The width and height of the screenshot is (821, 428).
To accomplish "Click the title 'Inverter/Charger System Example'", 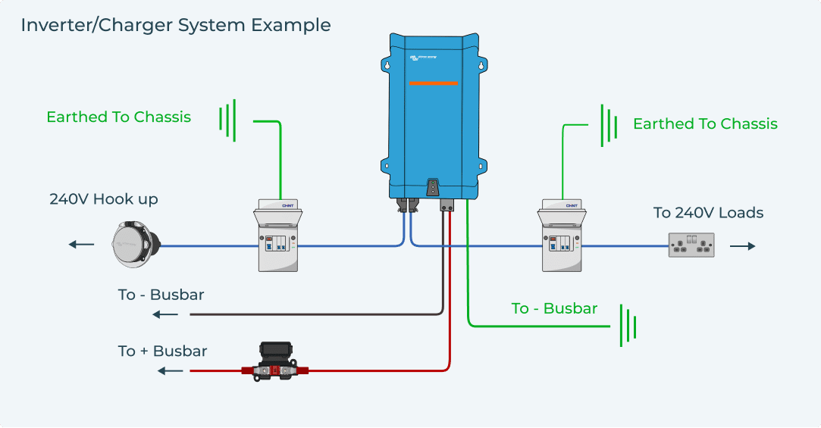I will [x=176, y=25].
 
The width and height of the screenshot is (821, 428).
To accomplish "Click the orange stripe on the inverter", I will [x=433, y=83].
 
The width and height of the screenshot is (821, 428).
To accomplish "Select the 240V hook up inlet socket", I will [x=136, y=244].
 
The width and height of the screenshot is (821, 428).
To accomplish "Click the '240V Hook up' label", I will [x=104, y=200].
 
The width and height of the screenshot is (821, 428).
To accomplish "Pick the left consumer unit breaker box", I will [x=277, y=236].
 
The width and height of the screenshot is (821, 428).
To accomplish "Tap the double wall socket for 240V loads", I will [x=691, y=245].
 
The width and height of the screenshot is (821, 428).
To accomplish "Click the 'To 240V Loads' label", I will [x=708, y=213].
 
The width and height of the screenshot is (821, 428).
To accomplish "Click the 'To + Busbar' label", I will [x=162, y=351].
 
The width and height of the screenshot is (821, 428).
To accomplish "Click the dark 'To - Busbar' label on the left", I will [x=161, y=295].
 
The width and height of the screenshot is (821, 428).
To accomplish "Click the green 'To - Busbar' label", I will [x=554, y=308].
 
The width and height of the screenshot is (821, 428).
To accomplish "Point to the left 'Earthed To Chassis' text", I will [x=118, y=117].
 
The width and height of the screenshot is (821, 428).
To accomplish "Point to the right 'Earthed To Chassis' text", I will [x=705, y=124].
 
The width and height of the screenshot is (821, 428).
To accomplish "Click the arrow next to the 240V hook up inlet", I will [x=81, y=245].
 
